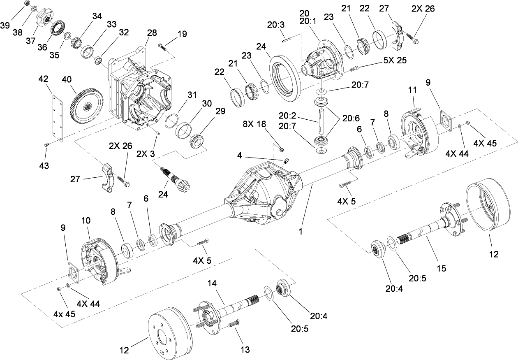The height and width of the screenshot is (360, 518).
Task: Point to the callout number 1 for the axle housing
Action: point(301,232)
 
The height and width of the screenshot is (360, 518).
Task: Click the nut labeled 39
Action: point(27,3)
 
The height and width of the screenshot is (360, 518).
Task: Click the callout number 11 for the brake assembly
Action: point(413,89)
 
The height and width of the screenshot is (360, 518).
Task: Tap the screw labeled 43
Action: point(46,144)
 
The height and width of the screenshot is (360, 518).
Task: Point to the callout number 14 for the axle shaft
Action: point(212,283)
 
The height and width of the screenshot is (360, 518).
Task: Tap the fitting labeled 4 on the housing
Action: point(286,161)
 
